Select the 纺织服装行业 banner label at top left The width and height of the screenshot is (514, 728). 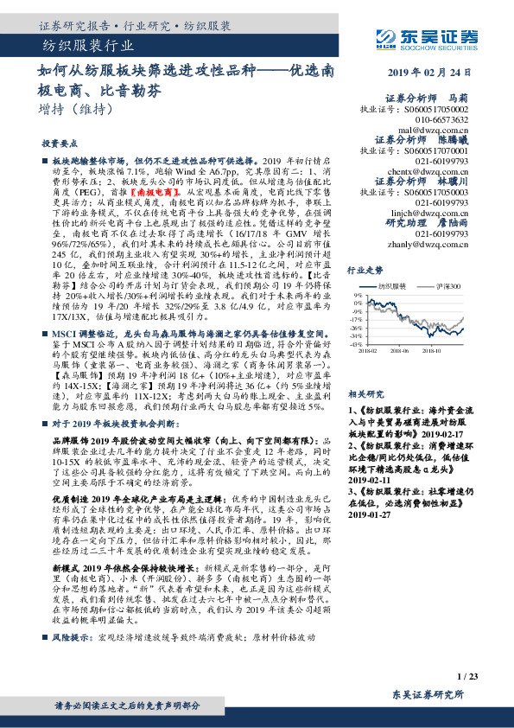(87, 45)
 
